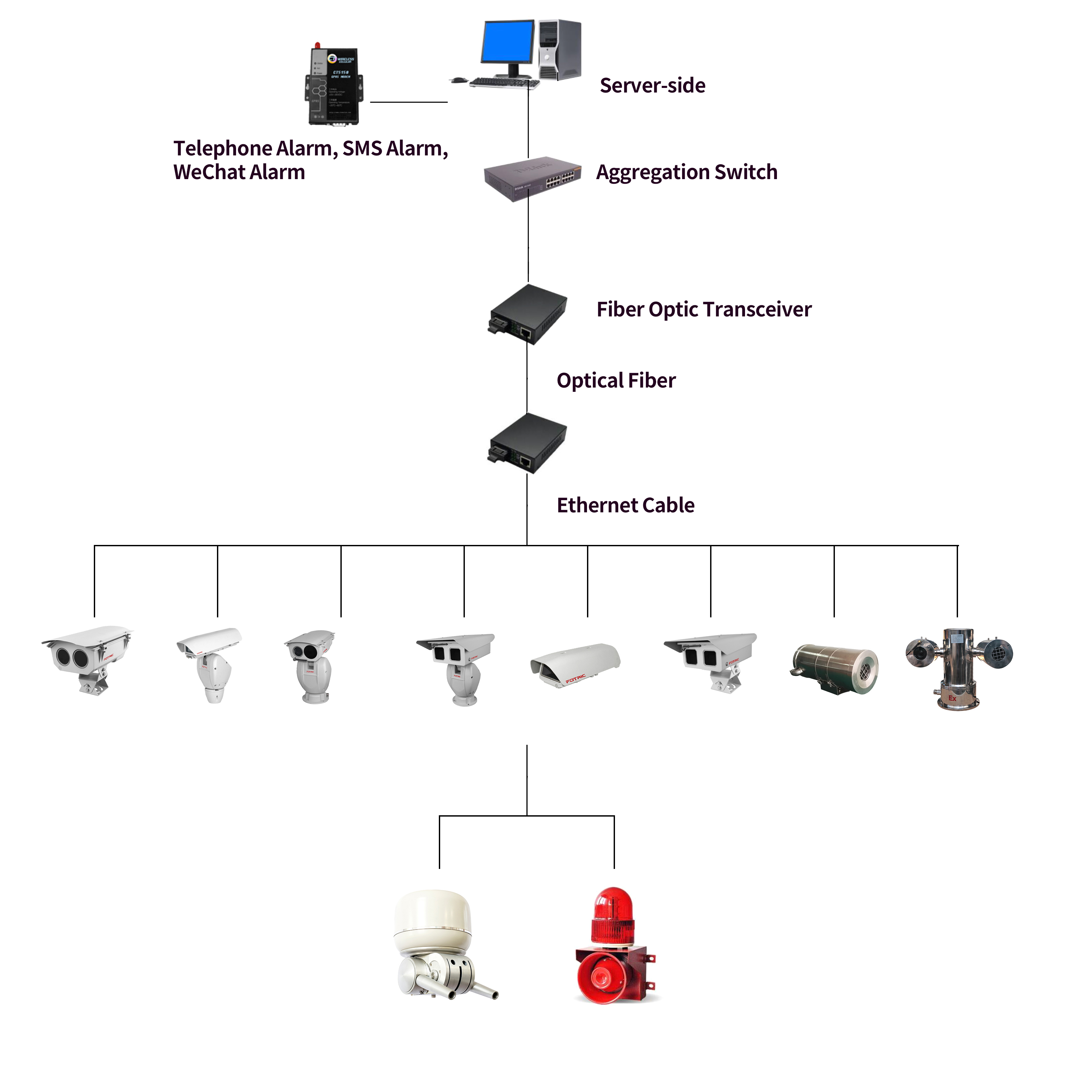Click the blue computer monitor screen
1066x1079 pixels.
click(x=507, y=42)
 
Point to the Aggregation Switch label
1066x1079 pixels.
click(x=686, y=172)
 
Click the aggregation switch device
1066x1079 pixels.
click(x=532, y=177)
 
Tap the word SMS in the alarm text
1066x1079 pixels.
click(x=362, y=148)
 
